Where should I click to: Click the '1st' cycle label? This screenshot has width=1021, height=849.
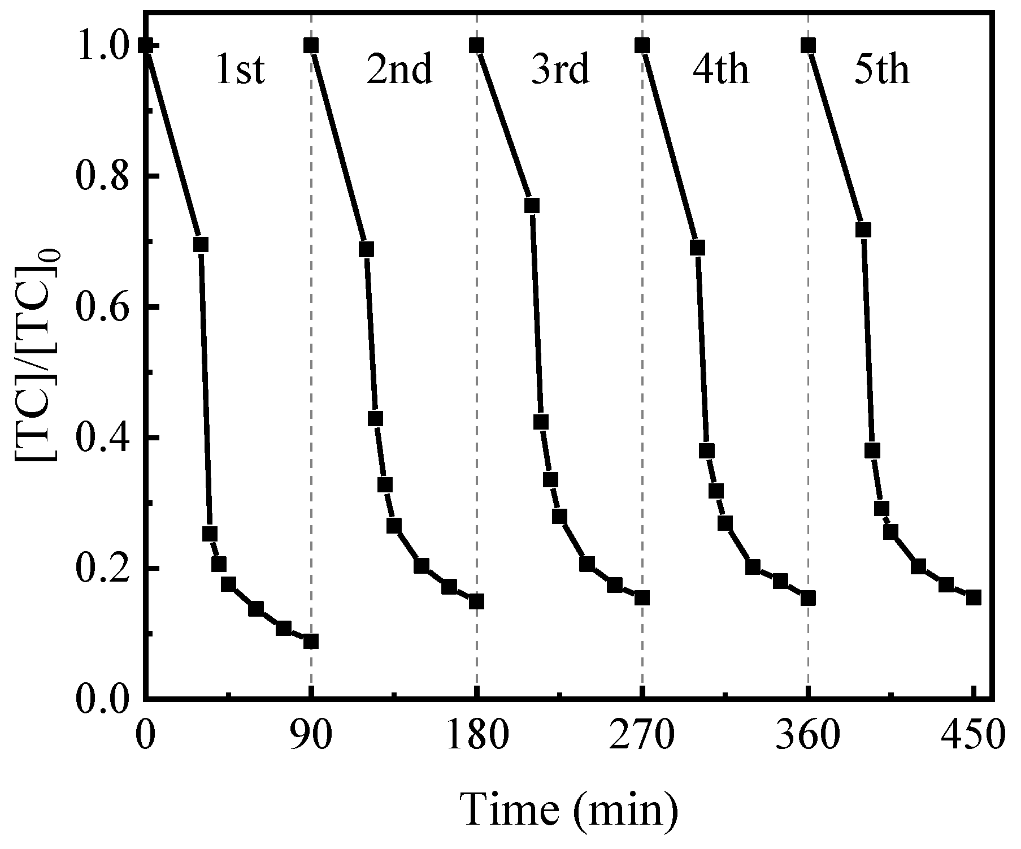tap(240, 71)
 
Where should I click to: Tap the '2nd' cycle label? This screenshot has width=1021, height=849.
tap(399, 71)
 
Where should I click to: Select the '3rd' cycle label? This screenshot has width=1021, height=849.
tap(560, 71)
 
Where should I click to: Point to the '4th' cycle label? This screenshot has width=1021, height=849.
tap(721, 71)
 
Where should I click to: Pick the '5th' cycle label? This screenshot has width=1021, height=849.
tap(881, 71)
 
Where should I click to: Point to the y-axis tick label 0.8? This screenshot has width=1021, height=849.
tap(101, 177)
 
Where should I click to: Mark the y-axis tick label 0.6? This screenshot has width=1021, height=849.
tap(101, 307)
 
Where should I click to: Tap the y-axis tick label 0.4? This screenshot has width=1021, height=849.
tap(101, 438)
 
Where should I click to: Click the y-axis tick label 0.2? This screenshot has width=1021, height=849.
tap(101, 569)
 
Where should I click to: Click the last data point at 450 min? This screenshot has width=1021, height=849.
tap(973, 597)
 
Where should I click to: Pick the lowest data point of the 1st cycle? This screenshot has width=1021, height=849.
tap(311, 641)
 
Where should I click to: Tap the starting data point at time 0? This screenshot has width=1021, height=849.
tap(146, 45)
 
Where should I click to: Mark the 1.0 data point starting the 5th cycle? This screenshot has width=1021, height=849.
tap(808, 45)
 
